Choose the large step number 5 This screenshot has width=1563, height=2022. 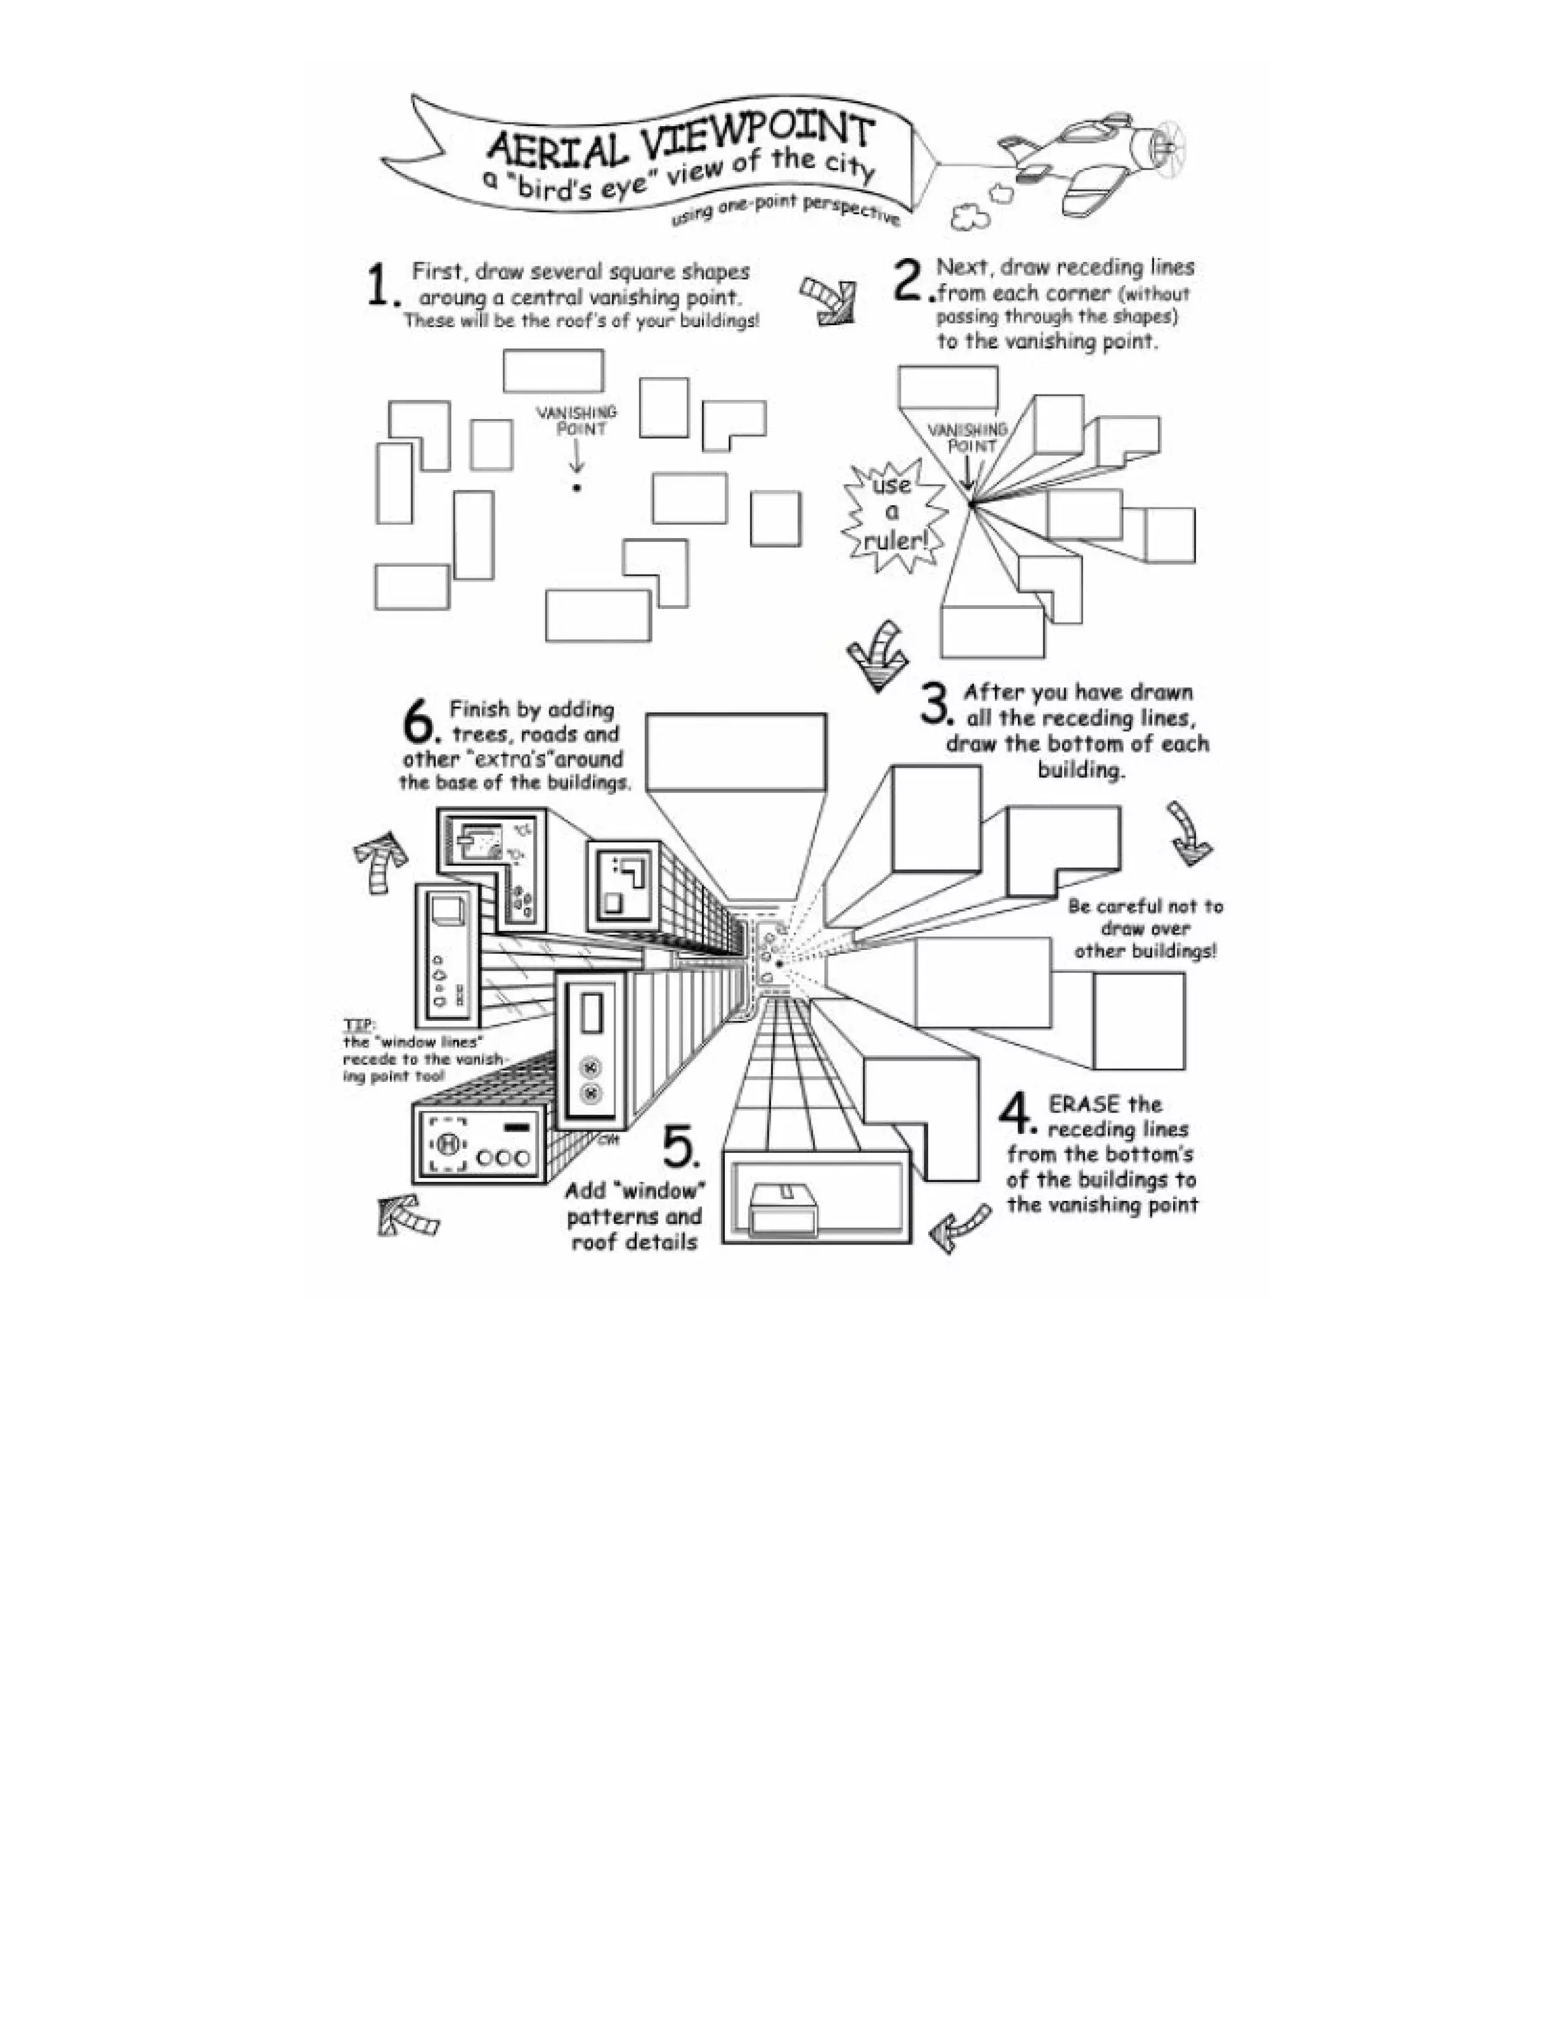(x=682, y=1149)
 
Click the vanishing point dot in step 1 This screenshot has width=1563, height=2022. (x=576, y=488)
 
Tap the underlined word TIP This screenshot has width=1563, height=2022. (x=357, y=1025)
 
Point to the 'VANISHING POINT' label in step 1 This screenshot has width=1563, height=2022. (x=577, y=420)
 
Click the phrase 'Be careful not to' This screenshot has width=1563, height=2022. (x=1145, y=906)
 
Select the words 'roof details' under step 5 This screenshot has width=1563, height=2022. (x=634, y=1242)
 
